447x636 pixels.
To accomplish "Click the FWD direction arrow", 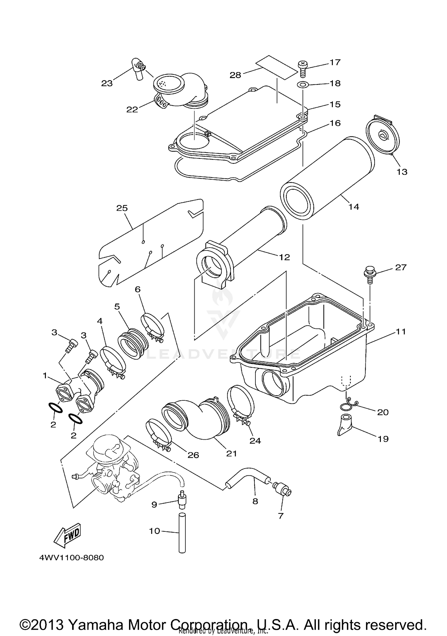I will point(67,535).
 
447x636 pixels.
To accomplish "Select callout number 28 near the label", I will point(235,75).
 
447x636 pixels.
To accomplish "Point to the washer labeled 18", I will point(302,85).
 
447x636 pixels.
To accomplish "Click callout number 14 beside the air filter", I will point(354,206).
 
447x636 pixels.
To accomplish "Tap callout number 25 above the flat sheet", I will point(122,208).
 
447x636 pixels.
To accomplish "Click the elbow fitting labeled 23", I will point(137,69).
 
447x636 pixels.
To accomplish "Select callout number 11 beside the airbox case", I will point(401,331).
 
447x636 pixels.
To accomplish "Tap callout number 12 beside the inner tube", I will point(284,257).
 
